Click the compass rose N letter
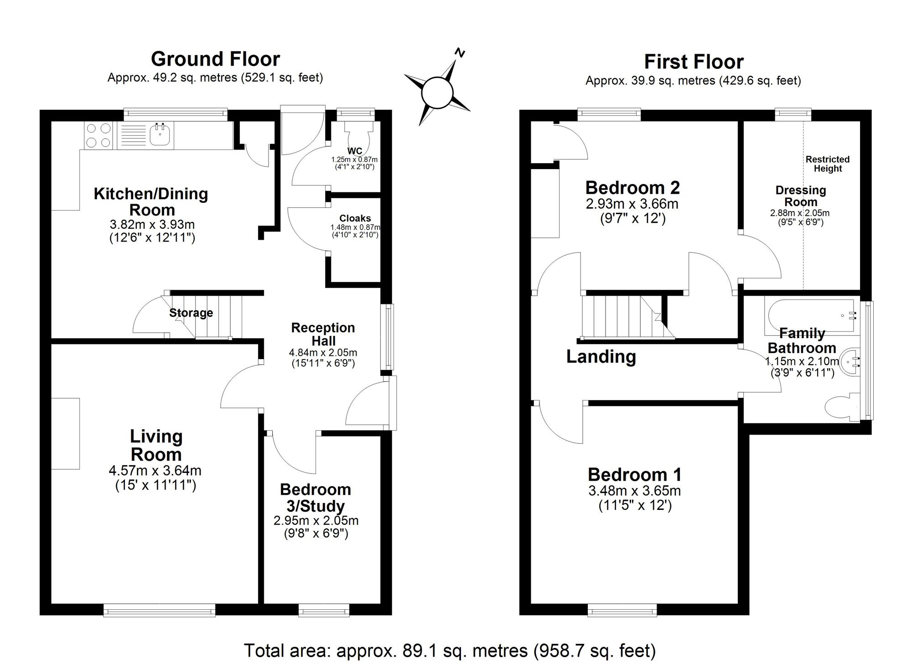[460, 53]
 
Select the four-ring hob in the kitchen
[98, 135]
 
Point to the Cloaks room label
[355, 218]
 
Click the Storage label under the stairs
[191, 313]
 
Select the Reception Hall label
[323, 334]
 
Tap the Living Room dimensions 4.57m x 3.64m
[155, 470]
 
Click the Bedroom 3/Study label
[316, 497]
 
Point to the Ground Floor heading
[215, 59]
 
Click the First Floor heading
[694, 62]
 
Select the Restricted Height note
[827, 164]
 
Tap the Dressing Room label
[800, 196]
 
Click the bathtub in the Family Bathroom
[812, 315]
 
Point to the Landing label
[601, 356]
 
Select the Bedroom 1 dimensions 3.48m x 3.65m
[634, 491]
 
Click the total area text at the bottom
[450, 650]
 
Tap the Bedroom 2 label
[632, 188]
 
